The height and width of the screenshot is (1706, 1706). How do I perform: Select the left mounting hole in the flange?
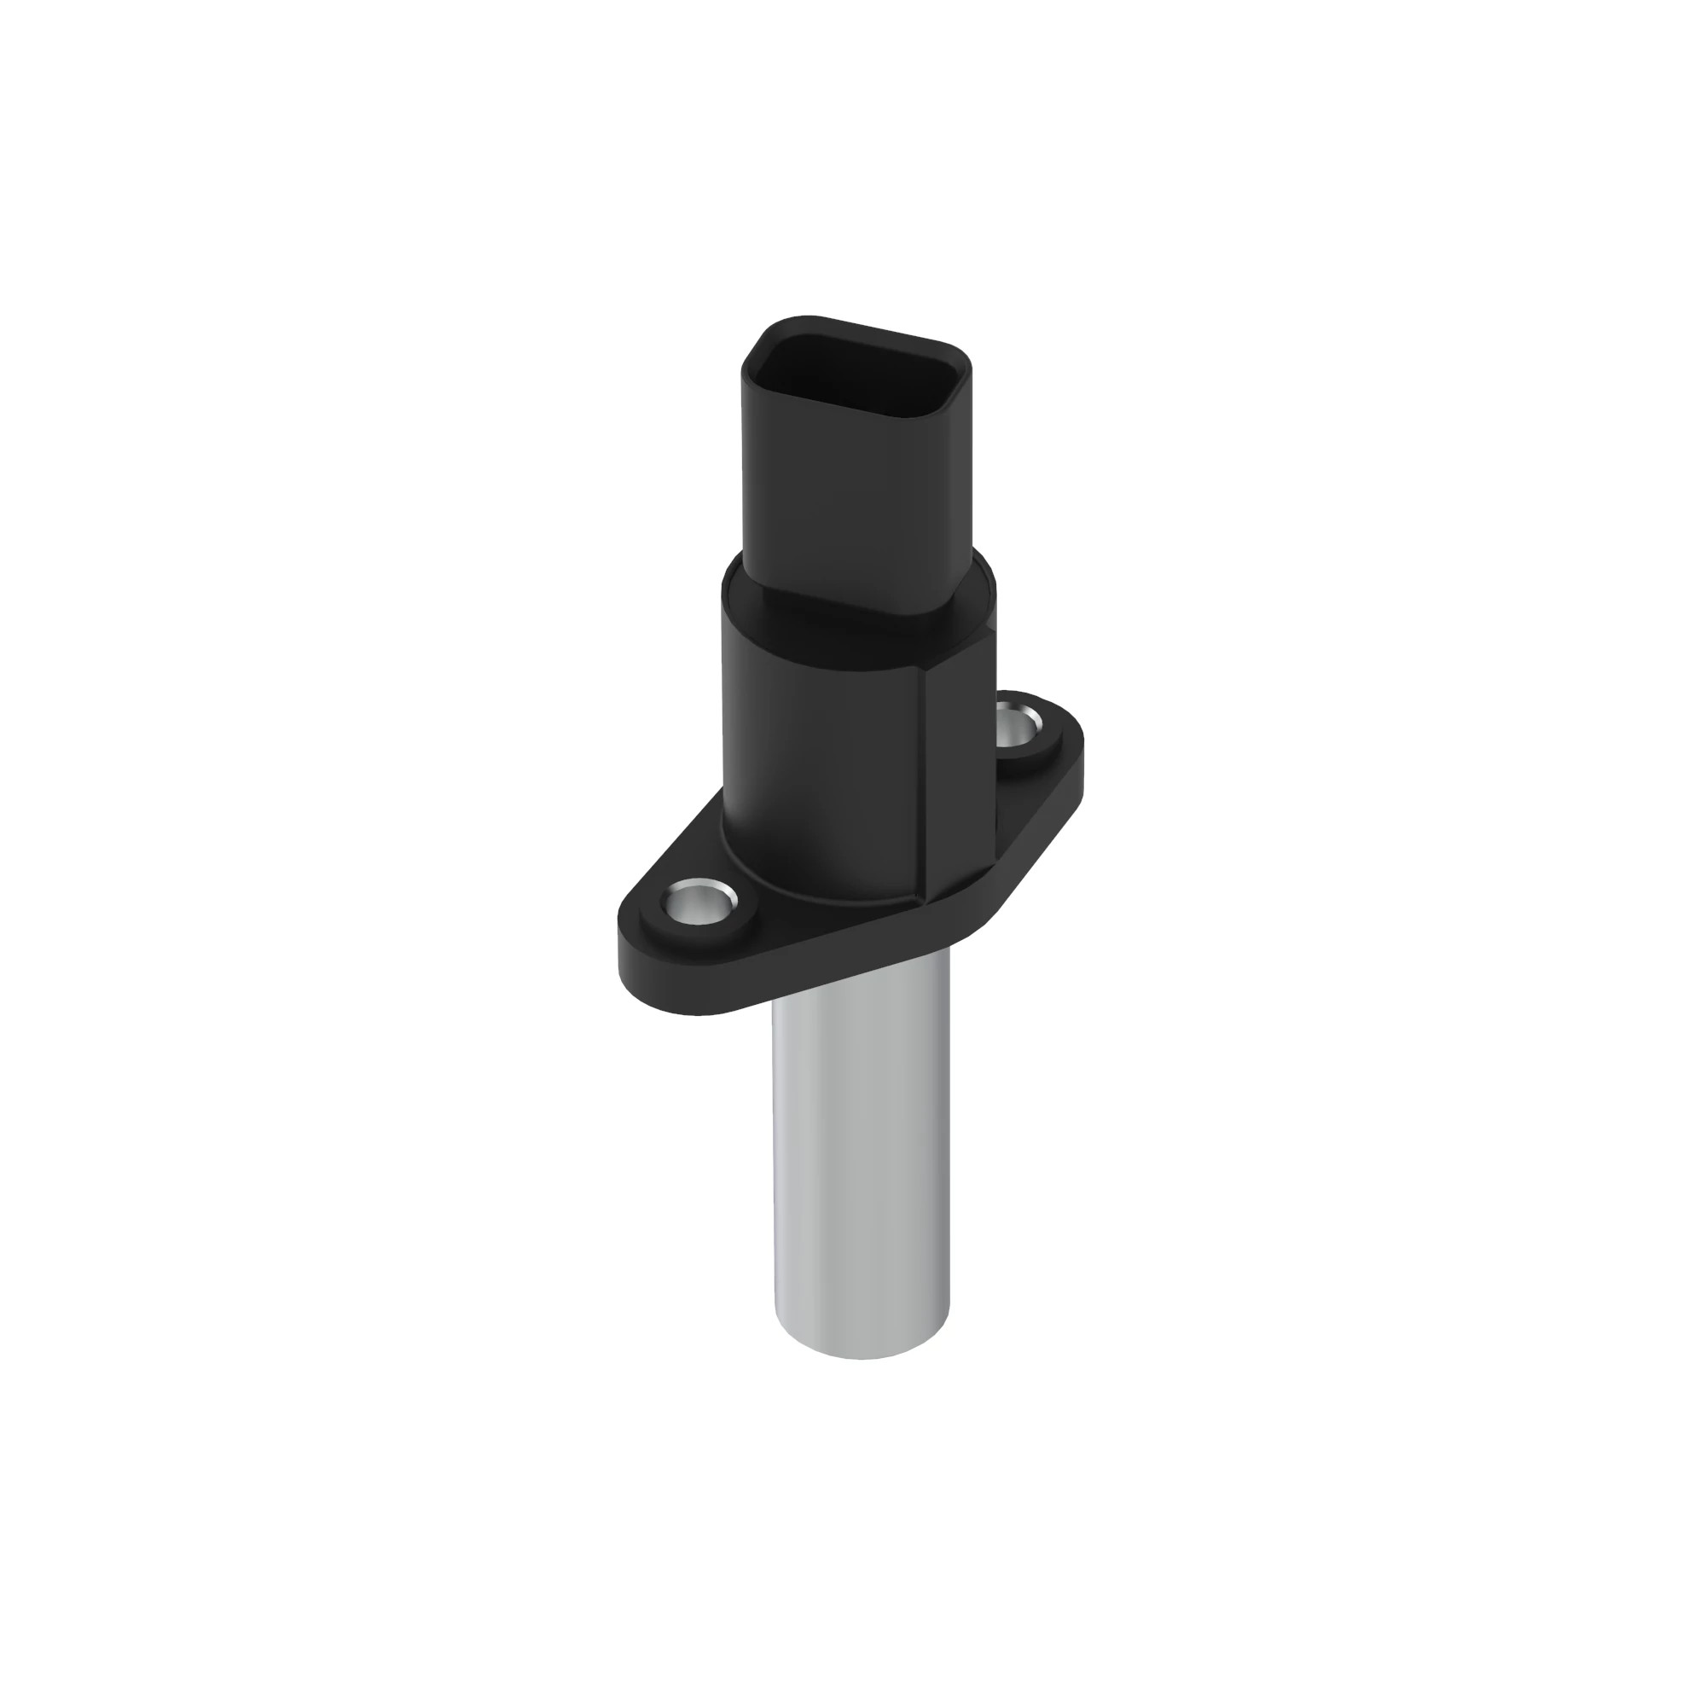coord(698,902)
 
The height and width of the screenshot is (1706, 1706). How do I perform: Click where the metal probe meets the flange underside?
coord(863,1007)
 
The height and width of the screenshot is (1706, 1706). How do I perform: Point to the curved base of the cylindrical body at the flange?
coord(821,892)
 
